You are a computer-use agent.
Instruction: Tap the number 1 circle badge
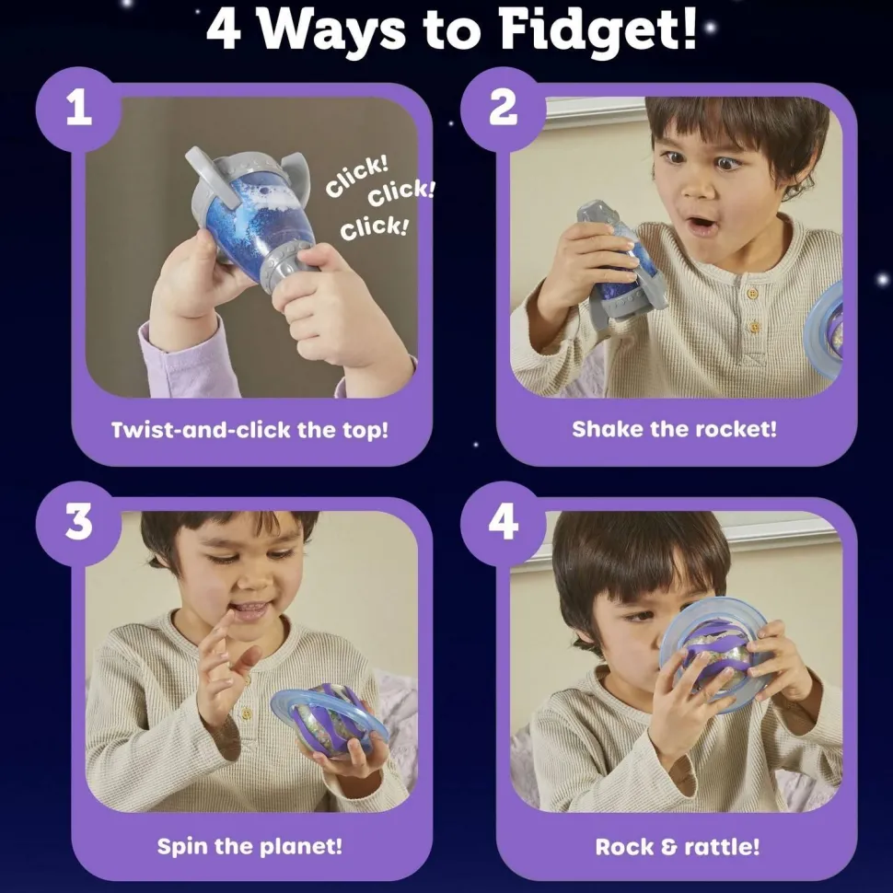pos(78,109)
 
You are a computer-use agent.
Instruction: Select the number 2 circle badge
pos(503,109)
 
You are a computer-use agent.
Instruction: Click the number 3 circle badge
pos(78,524)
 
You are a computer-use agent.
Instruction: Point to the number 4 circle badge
pos(503,524)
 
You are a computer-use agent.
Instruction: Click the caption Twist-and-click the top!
pos(249,430)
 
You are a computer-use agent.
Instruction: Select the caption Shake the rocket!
pos(674,429)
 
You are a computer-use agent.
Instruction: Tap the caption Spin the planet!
pos(249,846)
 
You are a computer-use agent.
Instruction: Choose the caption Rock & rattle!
pos(678,847)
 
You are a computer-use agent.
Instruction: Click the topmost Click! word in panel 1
pos(357,175)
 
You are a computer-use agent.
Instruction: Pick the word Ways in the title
pos(332,32)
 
